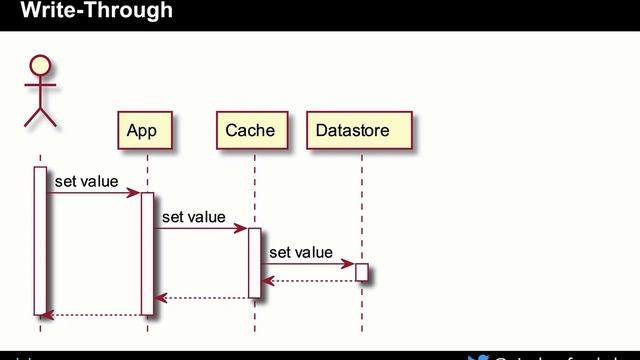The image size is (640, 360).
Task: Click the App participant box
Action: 141,131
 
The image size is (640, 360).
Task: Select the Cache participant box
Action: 250,131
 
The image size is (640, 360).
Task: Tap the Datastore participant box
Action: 352,131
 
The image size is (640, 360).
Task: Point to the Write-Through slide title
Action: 96,12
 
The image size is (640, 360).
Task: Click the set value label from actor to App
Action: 86,182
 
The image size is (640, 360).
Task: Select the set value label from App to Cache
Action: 193,217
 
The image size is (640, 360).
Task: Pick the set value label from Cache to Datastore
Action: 300,253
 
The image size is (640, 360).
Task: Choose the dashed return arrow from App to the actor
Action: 94,315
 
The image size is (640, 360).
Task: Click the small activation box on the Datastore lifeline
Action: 361,272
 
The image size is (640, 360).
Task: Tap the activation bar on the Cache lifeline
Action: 254,262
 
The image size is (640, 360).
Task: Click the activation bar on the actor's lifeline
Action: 40,240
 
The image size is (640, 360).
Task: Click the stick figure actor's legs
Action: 40,116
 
